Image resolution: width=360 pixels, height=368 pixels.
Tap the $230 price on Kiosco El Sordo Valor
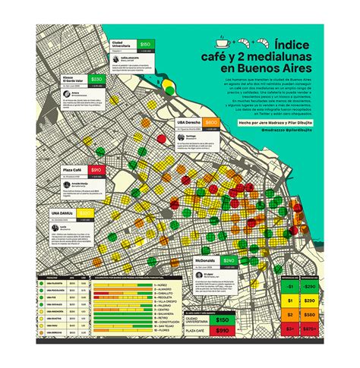(x=96, y=79)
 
